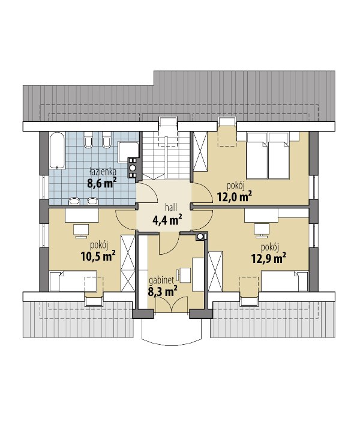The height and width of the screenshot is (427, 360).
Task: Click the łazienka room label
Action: (x=103, y=172)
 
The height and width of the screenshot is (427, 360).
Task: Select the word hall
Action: (x=171, y=208)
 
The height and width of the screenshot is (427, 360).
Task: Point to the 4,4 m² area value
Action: (x=167, y=220)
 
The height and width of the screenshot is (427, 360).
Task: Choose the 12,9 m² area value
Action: (x=268, y=258)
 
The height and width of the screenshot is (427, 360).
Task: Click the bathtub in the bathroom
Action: (x=57, y=151)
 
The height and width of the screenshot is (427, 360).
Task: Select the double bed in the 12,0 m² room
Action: (x=268, y=156)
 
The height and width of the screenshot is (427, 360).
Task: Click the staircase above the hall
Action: (x=166, y=155)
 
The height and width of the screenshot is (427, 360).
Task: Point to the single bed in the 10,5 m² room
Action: (x=73, y=281)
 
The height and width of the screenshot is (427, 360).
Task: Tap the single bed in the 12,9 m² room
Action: (x=284, y=281)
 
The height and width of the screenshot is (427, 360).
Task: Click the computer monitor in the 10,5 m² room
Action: (x=81, y=231)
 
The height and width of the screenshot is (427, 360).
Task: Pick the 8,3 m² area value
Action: (x=163, y=291)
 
